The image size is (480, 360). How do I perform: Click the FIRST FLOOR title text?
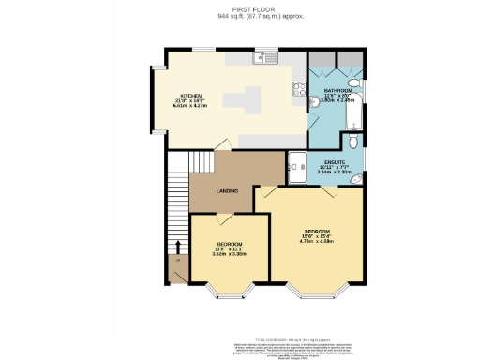click(x=239, y=8)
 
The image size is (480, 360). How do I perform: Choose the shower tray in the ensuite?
click(x=299, y=165)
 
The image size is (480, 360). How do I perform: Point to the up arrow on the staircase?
click(x=177, y=247)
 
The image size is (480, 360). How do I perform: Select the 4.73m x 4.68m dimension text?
click(x=312, y=241)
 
